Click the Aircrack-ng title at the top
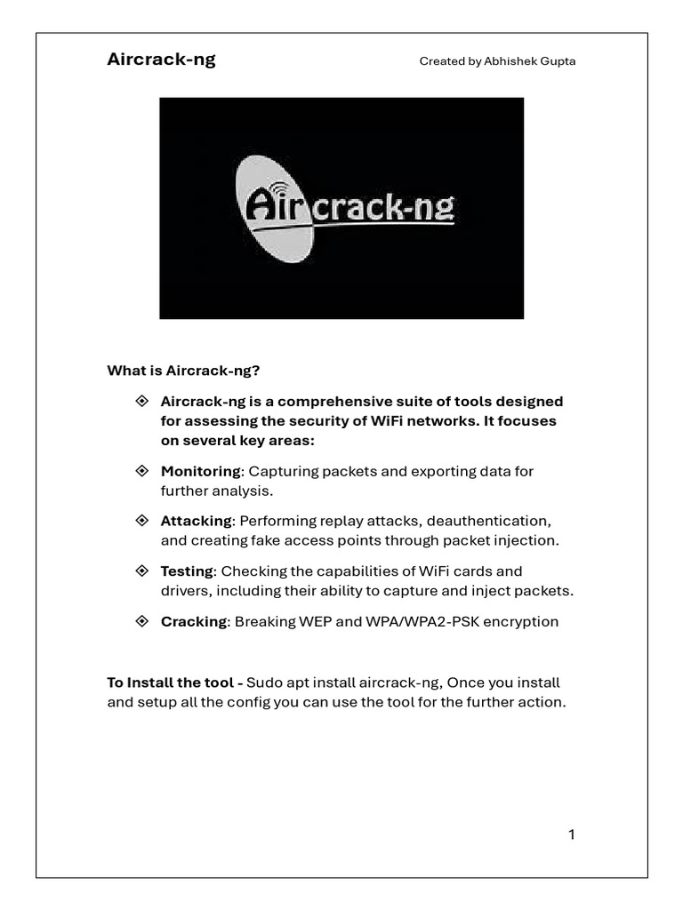[161, 60]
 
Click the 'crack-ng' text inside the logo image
[384, 210]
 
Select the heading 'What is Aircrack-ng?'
[183, 370]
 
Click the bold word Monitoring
[200, 471]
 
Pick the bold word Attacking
[196, 521]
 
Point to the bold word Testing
[187, 571]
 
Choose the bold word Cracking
[194, 621]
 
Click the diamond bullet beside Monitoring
[141, 470]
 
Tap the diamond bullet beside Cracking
[141, 620]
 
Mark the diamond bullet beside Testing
[141, 570]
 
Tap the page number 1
[572, 834]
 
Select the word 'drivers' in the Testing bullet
[183, 590]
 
